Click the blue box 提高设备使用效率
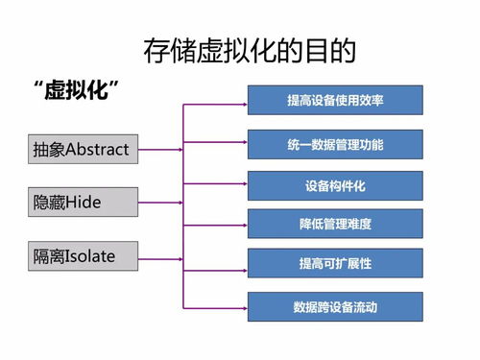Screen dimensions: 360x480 click(334, 100)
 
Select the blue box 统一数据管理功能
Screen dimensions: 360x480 click(334, 144)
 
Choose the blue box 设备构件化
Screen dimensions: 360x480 click(334, 185)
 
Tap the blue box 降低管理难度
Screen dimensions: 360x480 click(334, 224)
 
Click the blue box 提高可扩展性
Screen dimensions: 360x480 click(334, 263)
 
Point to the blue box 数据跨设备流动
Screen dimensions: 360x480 click(334, 307)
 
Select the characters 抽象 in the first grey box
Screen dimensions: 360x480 click(46, 149)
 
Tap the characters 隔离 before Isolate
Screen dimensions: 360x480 click(47, 256)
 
